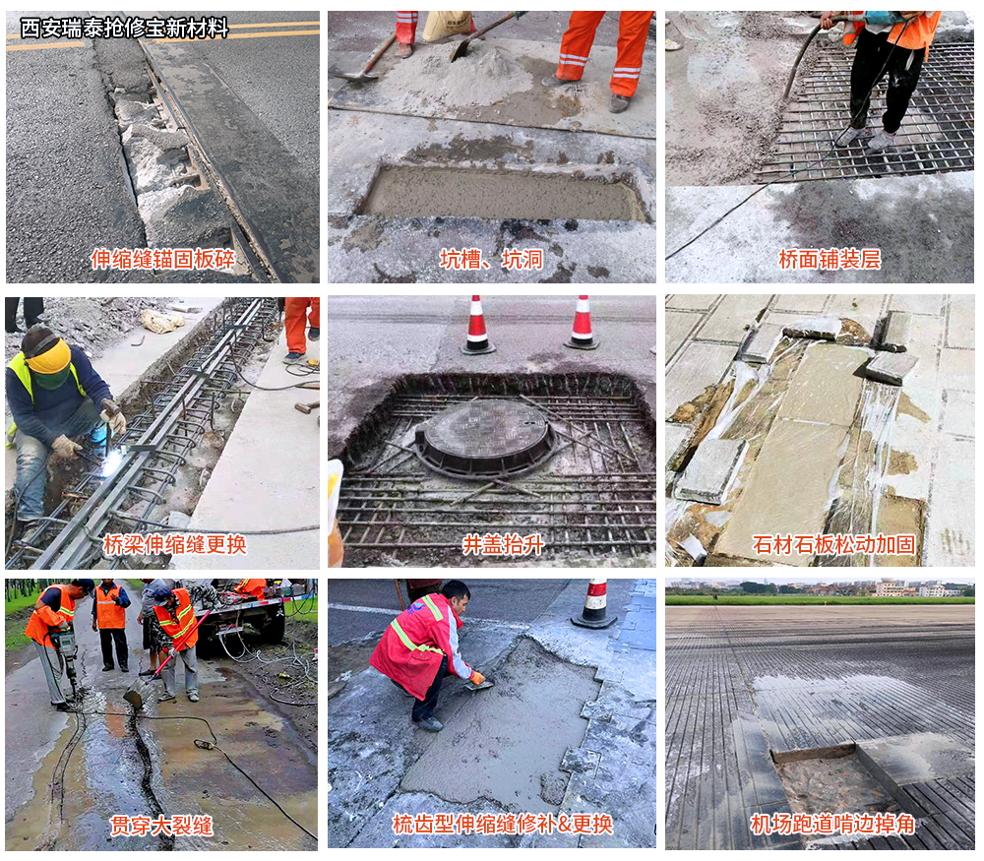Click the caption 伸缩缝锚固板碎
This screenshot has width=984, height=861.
163,258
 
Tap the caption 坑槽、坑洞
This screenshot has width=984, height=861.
491,258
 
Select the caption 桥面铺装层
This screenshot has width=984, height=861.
829,258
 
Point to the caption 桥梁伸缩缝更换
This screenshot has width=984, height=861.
174,544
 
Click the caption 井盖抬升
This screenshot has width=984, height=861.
503,544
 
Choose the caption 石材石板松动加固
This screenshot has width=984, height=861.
832,544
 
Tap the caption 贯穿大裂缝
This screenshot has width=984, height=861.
161,825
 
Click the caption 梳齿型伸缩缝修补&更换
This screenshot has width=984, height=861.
502,824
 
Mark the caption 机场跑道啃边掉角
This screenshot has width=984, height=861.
832,824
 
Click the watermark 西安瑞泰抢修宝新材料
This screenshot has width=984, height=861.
124,29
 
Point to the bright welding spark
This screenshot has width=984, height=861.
113,463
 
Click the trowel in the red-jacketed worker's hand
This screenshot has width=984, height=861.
479,684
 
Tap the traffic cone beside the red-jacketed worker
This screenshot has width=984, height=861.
593,603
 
